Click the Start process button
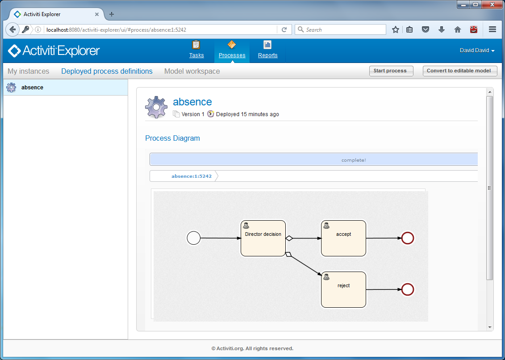click(391, 71)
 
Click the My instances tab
click(28, 71)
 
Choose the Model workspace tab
click(192, 71)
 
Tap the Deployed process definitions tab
click(107, 71)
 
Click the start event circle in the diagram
click(193, 238)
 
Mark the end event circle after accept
click(408, 238)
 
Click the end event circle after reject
click(408, 290)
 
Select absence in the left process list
click(32, 88)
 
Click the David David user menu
click(477, 50)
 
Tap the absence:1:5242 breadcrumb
click(192, 176)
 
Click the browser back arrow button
click(13, 29)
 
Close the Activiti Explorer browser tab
click(97, 14)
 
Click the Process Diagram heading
click(172, 138)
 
